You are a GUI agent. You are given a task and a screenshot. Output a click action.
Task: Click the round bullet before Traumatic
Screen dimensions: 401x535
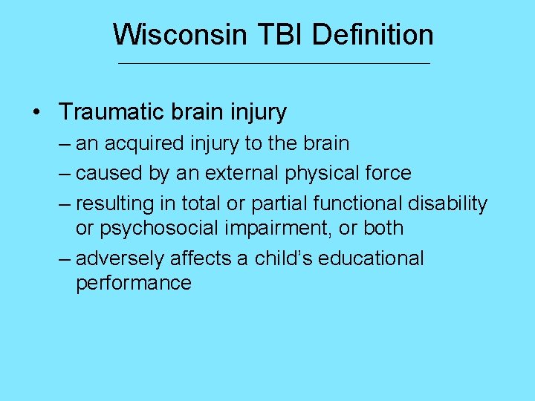[x=37, y=113]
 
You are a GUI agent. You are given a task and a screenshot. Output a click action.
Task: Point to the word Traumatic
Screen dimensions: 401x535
[x=108, y=112]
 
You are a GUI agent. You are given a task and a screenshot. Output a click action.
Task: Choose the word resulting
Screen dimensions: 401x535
[x=112, y=203]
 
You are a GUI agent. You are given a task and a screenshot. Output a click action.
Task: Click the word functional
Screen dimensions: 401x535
[x=357, y=203]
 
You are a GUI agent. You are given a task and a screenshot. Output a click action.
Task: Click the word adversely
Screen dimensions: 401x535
[x=120, y=258]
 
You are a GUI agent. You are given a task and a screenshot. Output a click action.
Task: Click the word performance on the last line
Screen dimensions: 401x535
[x=134, y=284]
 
